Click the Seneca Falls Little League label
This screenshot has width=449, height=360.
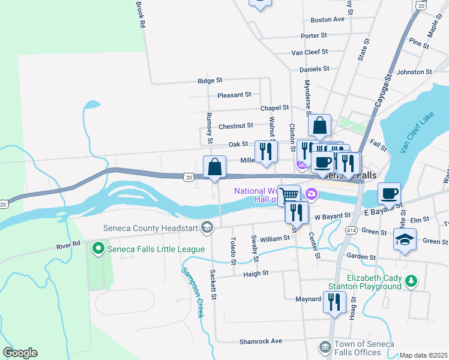[x=155, y=249]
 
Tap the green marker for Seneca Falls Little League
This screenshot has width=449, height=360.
[x=97, y=247]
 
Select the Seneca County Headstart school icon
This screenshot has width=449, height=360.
[x=207, y=226]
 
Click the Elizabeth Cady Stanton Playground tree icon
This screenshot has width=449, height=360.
[x=411, y=281]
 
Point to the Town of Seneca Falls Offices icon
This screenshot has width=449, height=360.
[x=325, y=347]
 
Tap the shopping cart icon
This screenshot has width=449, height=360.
[x=289, y=194]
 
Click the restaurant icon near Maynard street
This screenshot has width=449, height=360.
[x=333, y=302]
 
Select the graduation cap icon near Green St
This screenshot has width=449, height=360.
[x=405, y=239]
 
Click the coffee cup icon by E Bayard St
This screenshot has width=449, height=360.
[x=390, y=194]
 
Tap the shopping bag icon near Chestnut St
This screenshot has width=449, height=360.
[x=320, y=125]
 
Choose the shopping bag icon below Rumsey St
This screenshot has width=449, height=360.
[x=214, y=167]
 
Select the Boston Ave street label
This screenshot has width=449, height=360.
[x=327, y=19]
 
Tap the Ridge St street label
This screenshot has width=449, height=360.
[x=210, y=80]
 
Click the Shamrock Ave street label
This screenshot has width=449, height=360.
[x=261, y=341]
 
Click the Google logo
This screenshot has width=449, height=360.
[x=20, y=353]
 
